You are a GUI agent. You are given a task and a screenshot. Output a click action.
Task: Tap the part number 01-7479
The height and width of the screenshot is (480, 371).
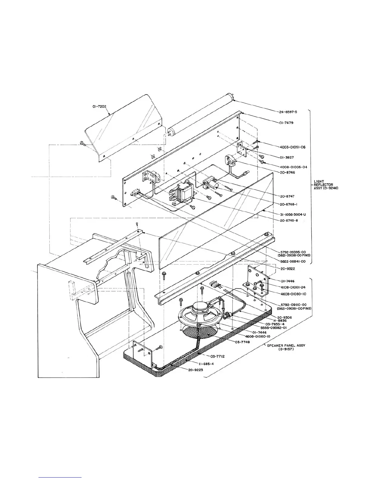pos(286,123)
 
